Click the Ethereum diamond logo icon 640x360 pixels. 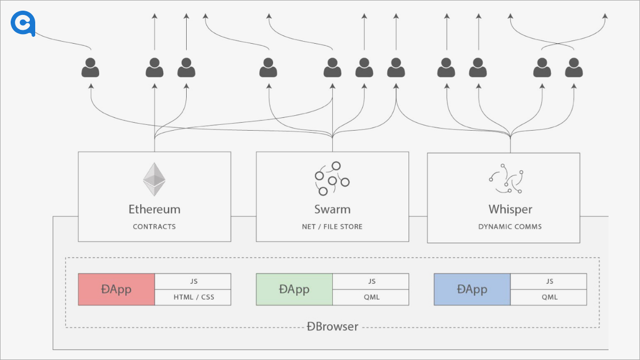tap(154, 179)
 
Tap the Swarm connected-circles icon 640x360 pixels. tap(332, 178)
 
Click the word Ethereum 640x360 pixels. tap(154, 209)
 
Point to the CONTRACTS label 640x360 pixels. tap(154, 227)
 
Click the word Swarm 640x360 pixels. tap(332, 209)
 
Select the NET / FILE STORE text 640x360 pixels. tap(332, 227)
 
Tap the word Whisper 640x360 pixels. tap(510, 209)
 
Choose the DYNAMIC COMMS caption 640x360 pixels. tap(510, 227)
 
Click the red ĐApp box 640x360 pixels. tap(116, 290)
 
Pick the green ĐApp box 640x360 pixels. tap(294, 290)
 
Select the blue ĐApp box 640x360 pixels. tap(472, 290)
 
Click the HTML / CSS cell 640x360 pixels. tap(193, 297)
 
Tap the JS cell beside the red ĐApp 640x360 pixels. tap(193, 282)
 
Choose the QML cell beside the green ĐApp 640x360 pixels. tap(371, 297)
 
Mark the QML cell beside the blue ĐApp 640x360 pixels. tap(549, 297)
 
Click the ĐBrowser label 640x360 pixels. tap(332, 326)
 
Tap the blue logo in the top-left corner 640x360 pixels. tap(23, 24)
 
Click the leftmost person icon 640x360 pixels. tap(90, 68)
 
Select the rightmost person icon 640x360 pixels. tap(574, 68)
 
